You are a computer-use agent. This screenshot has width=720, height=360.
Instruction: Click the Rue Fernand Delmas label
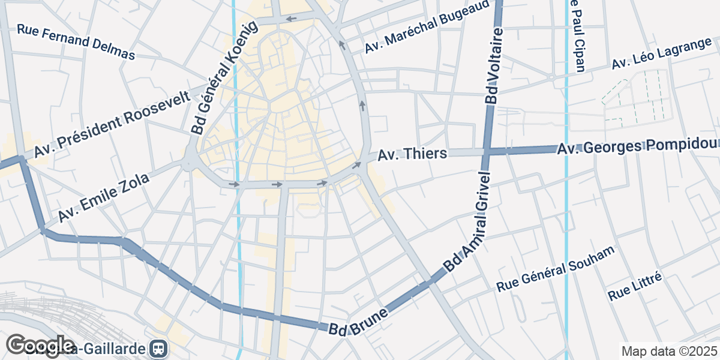(76, 41)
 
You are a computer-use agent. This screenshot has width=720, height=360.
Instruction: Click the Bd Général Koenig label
(223, 77)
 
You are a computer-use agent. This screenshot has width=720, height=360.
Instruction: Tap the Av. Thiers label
(412, 154)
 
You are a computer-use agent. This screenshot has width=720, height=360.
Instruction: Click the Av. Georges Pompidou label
(637, 146)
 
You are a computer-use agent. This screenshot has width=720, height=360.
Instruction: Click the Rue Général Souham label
(556, 269)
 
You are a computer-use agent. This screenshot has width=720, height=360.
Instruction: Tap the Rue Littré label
(635, 286)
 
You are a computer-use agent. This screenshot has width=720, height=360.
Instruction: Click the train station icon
(159, 348)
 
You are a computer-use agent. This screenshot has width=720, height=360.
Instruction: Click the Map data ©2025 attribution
(669, 351)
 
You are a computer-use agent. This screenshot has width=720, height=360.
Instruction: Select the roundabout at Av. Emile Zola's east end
(190, 161)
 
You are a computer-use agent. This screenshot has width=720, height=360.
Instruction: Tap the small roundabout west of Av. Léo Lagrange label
(550, 77)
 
